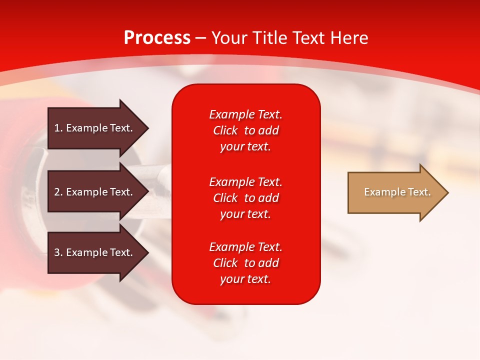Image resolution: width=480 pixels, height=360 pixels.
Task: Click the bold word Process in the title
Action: tap(157, 38)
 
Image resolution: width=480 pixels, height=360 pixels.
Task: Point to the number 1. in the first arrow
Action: tap(58, 128)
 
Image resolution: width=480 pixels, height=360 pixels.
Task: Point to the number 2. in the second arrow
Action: tap(58, 192)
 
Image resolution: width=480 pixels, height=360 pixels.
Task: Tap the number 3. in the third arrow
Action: tap(58, 252)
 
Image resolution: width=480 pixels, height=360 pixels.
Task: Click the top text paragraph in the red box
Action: tap(245, 130)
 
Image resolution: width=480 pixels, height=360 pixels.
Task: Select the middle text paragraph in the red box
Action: tap(245, 198)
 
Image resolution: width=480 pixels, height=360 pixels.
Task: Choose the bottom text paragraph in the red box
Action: tap(245, 263)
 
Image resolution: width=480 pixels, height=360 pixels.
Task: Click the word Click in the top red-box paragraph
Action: tap(225, 130)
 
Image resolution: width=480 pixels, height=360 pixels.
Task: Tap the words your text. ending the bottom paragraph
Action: tap(245, 279)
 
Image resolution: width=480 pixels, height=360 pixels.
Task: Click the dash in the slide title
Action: tap(200, 38)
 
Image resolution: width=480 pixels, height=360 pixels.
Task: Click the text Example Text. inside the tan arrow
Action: tap(397, 192)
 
